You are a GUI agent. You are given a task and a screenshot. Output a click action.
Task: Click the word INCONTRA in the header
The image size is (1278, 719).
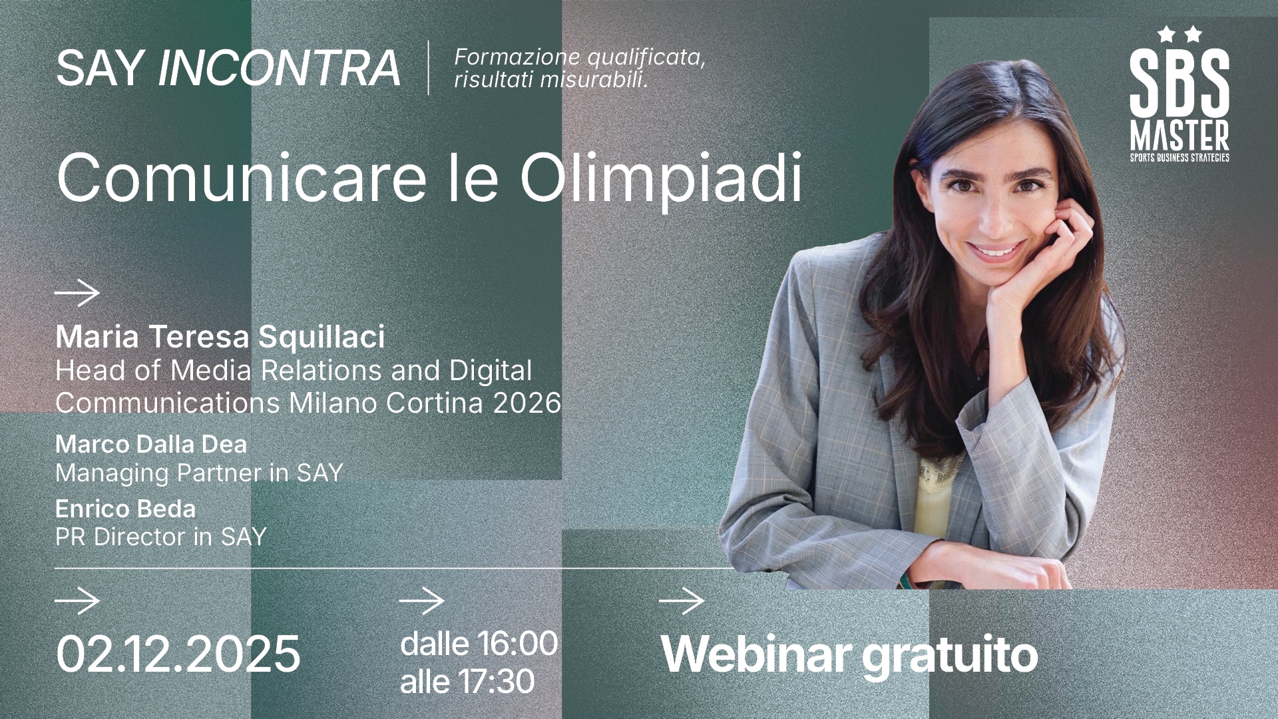tap(279, 68)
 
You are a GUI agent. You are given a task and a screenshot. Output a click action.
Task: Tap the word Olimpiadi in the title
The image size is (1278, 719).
tap(661, 178)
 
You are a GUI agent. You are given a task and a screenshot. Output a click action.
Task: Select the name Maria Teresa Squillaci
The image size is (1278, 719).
tap(220, 337)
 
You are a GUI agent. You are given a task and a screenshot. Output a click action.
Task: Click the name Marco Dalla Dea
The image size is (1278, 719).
tap(151, 444)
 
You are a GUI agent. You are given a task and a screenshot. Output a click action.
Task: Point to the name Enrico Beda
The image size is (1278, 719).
tap(125, 509)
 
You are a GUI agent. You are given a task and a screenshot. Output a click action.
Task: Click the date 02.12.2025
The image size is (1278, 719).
tap(178, 654)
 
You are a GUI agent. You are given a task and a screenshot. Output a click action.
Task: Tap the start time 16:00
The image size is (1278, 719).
tap(517, 643)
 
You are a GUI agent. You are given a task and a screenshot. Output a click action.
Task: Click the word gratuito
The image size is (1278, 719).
tap(950, 654)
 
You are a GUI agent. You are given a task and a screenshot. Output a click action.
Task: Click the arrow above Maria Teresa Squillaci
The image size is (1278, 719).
tap(77, 293)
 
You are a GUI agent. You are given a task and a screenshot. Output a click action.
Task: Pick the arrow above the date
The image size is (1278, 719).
tap(77, 601)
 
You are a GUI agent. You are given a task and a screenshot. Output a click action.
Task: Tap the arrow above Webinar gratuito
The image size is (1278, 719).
tap(682, 601)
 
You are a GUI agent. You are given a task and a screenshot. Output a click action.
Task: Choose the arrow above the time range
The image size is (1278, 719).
tap(422, 601)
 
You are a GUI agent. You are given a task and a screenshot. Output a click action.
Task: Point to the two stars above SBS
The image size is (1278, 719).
tap(1179, 34)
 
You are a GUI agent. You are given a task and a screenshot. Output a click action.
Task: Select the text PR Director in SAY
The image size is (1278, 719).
tap(160, 537)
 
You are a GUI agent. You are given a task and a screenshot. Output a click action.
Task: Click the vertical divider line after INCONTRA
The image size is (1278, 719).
tap(428, 68)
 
